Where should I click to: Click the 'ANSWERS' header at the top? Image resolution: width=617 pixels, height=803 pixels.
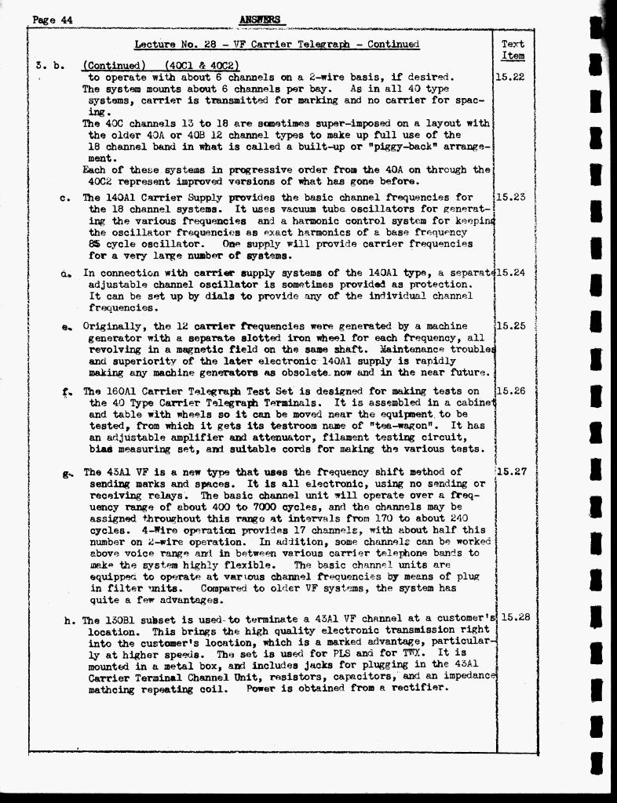[261, 20]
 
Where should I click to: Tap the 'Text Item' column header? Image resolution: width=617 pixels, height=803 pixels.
[513, 50]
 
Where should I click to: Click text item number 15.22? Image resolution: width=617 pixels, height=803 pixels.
[510, 78]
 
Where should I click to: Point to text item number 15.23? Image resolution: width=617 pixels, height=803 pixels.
[510, 198]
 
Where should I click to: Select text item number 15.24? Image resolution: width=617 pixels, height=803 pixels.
[511, 273]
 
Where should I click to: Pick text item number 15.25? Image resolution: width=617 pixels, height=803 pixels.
[511, 326]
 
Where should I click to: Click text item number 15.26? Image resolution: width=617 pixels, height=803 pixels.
[511, 391]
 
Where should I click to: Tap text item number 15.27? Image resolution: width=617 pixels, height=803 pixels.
[511, 472]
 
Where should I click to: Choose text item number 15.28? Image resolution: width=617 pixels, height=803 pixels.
[516, 617]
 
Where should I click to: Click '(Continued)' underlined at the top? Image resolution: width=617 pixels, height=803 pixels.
[115, 65]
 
